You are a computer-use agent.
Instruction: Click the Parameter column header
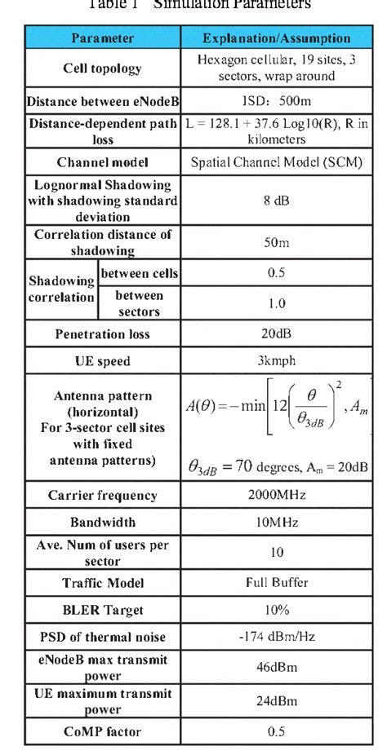click(x=101, y=38)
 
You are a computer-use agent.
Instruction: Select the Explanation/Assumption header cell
click(x=277, y=38)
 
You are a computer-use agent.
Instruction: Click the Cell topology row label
click(x=102, y=68)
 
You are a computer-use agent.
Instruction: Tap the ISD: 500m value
click(x=277, y=102)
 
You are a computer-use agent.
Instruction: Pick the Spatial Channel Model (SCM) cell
click(x=277, y=162)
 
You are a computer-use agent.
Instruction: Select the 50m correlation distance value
click(x=277, y=243)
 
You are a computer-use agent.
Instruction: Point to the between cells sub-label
click(x=139, y=272)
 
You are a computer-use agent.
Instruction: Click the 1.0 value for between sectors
click(x=277, y=303)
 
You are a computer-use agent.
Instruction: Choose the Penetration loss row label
click(x=102, y=334)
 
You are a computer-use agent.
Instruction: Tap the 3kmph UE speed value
click(x=277, y=360)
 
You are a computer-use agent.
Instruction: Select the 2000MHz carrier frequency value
click(x=277, y=495)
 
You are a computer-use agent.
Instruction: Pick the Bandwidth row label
click(x=102, y=522)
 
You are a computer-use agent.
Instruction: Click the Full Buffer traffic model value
click(x=277, y=583)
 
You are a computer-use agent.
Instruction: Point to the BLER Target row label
click(x=102, y=610)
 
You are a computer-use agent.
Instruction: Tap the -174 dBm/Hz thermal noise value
click(x=277, y=637)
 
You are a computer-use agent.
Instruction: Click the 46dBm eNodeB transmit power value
click(x=277, y=666)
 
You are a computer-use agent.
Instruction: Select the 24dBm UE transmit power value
click(x=277, y=700)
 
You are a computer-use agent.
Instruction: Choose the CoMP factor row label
click(x=102, y=731)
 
